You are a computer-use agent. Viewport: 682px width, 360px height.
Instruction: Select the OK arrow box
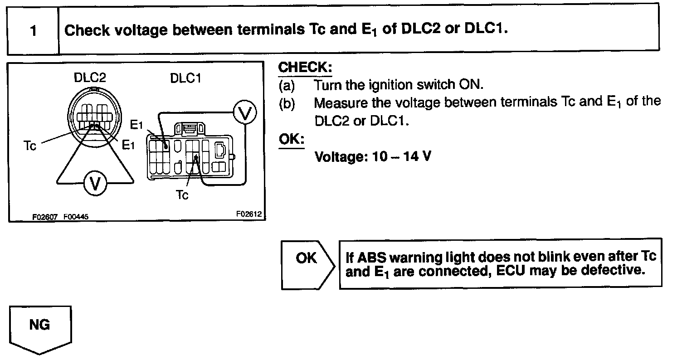coord(307,264)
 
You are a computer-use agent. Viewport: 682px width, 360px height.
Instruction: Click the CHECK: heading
coord(305,68)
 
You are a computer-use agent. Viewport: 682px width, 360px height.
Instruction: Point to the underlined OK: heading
coord(291,140)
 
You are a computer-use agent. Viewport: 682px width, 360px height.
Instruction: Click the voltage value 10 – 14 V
coord(373,157)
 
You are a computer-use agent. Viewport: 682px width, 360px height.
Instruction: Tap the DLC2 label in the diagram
coord(90,78)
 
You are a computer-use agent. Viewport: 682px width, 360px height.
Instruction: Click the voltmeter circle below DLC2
coord(95,184)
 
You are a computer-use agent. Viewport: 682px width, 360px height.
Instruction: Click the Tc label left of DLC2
coord(29,146)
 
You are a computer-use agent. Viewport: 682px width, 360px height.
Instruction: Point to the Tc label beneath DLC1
coord(182,195)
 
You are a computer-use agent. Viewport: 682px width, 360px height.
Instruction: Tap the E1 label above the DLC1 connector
coord(136,124)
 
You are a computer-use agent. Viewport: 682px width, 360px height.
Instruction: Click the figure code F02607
coord(44,217)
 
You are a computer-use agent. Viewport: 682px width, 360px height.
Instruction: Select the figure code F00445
coord(76,217)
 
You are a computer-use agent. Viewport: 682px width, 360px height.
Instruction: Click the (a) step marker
coord(287,85)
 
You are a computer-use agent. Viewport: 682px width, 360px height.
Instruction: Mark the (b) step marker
coord(287,103)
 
